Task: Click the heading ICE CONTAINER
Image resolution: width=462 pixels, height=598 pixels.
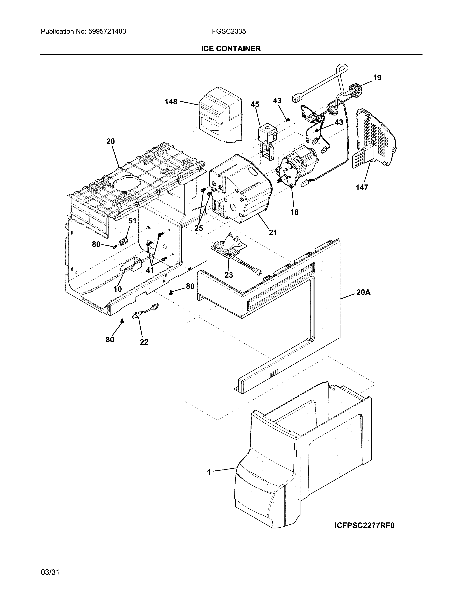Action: [x=231, y=49]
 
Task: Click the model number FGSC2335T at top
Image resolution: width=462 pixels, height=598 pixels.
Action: [x=230, y=32]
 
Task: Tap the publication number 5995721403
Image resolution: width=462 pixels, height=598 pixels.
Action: [x=107, y=32]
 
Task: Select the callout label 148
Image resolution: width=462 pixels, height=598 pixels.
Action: [x=171, y=102]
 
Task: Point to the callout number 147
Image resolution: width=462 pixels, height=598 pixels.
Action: [x=362, y=187]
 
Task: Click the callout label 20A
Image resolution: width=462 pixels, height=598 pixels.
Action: [x=363, y=292]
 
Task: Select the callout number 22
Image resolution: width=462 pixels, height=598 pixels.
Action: [x=144, y=342]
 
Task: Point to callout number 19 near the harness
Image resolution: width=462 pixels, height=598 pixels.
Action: [x=377, y=78]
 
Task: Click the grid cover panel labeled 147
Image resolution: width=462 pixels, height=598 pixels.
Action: [x=375, y=137]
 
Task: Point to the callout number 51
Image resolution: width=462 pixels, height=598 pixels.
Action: [x=132, y=221]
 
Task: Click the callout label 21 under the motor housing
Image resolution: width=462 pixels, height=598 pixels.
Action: [x=273, y=232]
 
